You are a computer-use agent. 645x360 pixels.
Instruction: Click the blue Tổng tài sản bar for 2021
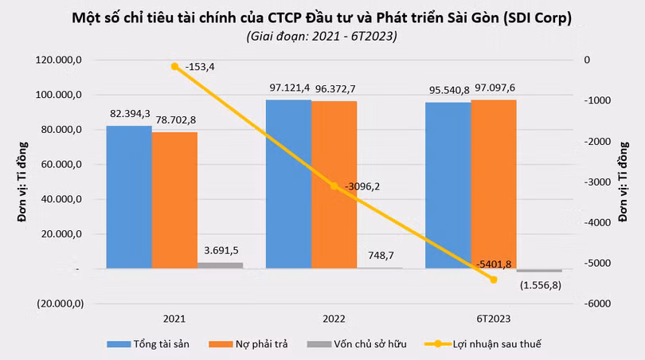tap(129, 197)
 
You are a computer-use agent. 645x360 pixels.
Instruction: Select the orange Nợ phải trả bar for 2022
tap(334, 185)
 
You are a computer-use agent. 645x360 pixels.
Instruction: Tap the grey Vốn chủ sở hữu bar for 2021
tap(220, 265)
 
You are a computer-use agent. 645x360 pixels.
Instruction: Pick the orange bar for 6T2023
tap(494, 184)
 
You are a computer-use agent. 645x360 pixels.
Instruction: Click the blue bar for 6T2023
tap(448, 186)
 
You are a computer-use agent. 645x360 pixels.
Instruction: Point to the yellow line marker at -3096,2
tap(334, 186)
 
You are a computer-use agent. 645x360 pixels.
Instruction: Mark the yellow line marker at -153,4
tap(175, 66)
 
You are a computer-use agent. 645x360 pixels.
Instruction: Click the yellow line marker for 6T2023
tap(494, 280)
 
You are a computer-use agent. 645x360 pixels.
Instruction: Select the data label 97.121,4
tap(290, 88)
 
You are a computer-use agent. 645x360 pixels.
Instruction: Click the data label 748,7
tap(381, 256)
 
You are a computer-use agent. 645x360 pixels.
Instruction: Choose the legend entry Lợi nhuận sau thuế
tap(483, 344)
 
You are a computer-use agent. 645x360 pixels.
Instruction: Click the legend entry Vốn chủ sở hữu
tap(357, 344)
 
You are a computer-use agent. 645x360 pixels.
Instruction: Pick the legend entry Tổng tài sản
tap(148, 344)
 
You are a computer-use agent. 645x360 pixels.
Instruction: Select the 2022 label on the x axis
tap(334, 319)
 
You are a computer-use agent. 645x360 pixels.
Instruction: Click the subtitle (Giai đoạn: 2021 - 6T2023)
tap(322, 36)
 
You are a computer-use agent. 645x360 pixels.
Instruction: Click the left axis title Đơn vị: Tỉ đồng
tap(22, 182)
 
